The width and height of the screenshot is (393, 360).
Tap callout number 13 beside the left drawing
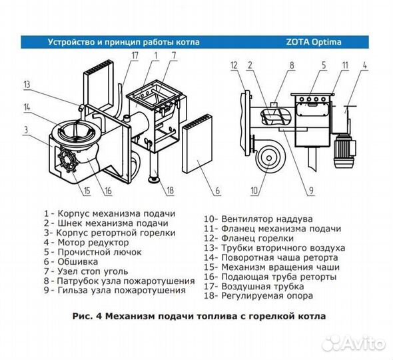pyautogui.click(x=26, y=84)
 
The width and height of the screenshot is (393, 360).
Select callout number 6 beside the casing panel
pyautogui.click(x=217, y=192)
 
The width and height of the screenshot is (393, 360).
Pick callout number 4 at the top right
pyautogui.click(x=365, y=65)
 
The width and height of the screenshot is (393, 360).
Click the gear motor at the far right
pyautogui.click(x=349, y=147)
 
